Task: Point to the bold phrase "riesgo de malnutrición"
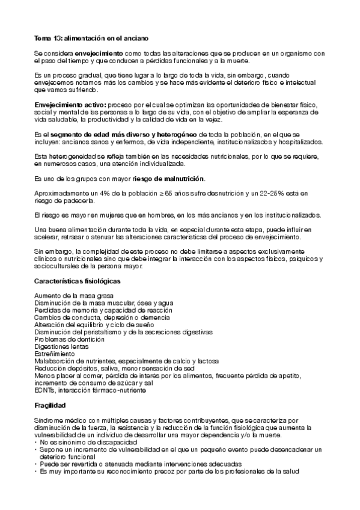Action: coord(169,179)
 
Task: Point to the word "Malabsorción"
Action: coord(55,360)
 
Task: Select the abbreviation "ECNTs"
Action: coord(45,389)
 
